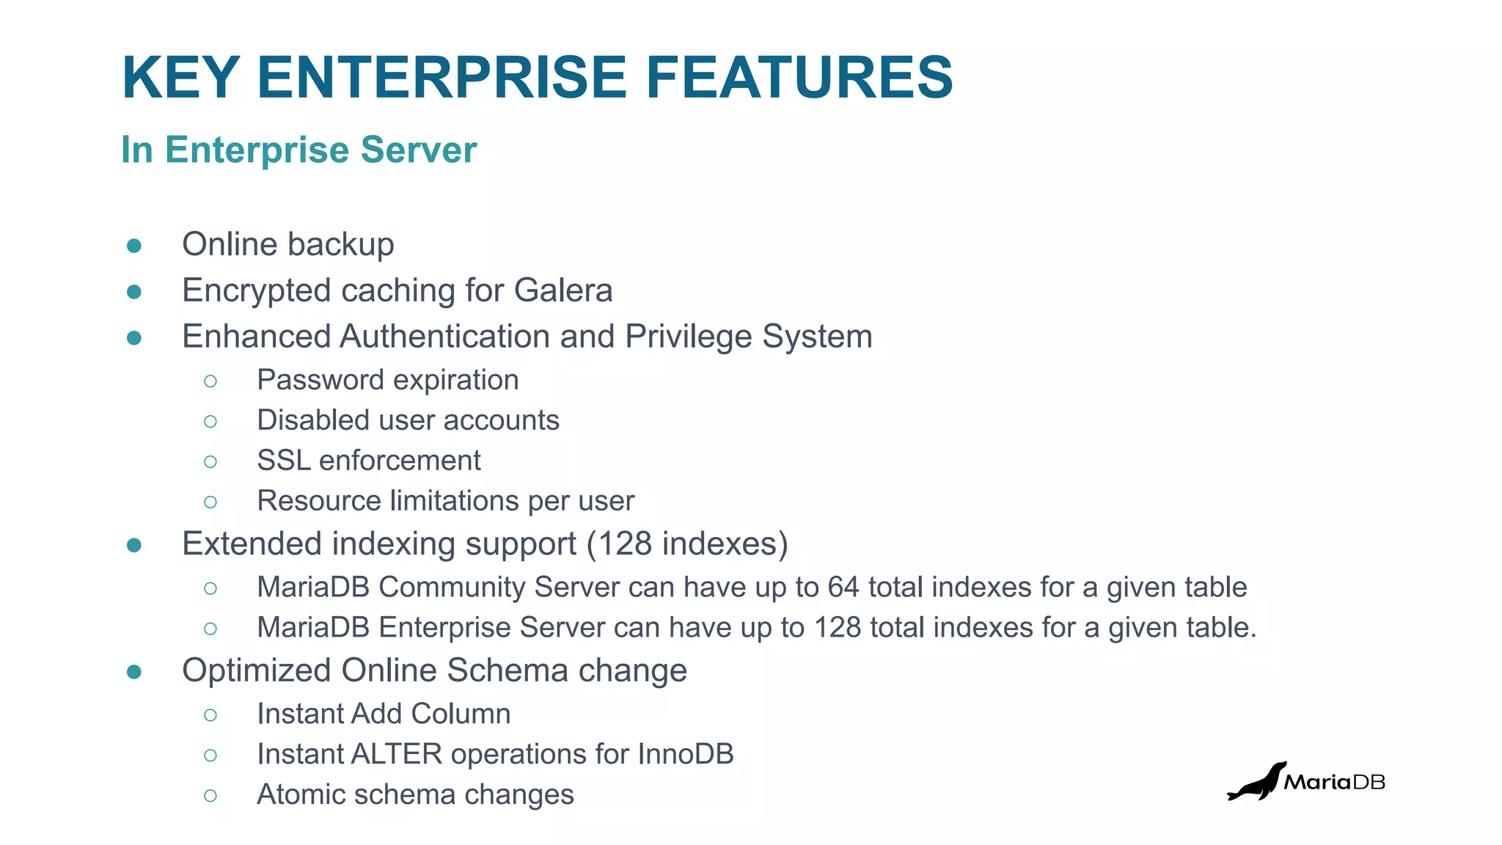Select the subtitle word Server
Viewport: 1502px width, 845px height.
tap(419, 150)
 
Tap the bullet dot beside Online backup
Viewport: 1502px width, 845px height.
tap(133, 246)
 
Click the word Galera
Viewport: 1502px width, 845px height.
tap(563, 290)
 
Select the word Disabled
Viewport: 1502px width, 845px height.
tap(303, 420)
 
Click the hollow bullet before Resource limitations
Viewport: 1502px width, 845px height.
tap(210, 502)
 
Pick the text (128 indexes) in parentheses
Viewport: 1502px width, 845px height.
tap(687, 544)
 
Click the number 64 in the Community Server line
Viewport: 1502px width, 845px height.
tap(843, 587)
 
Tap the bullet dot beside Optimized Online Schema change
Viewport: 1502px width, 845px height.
tap(133, 672)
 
